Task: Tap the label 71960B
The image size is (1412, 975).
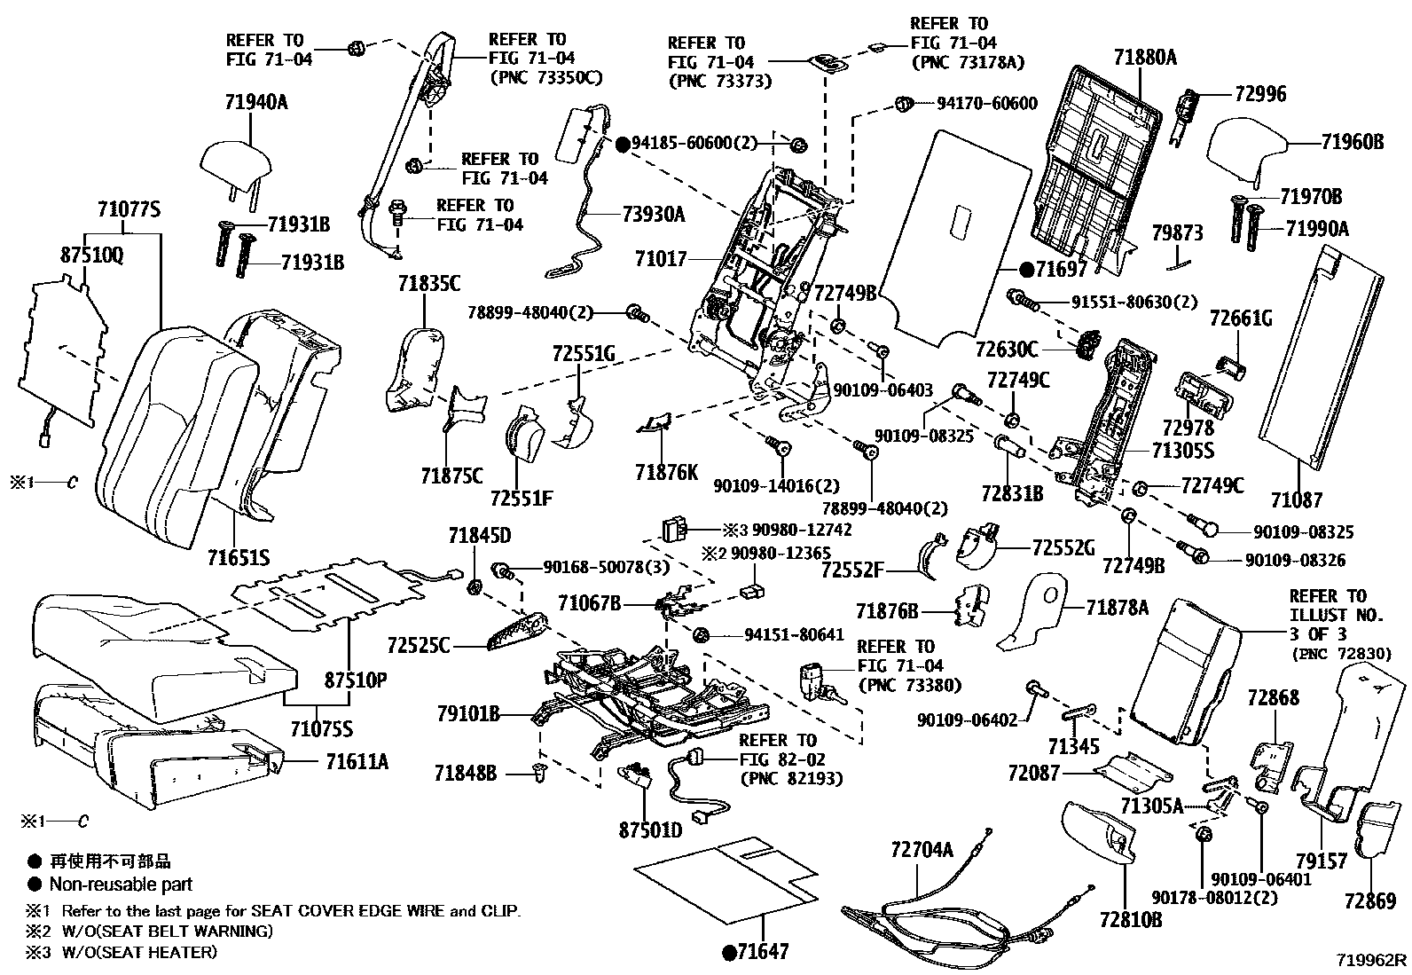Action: pyautogui.click(x=1352, y=141)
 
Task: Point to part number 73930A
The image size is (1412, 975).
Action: pyautogui.click(x=654, y=214)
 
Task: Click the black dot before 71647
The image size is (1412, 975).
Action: pyautogui.click(x=729, y=953)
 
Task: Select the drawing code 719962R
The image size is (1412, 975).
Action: pyautogui.click(x=1372, y=960)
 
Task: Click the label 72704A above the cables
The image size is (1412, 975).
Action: pyautogui.click(x=922, y=850)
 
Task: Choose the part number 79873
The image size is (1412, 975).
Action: pyautogui.click(x=1177, y=233)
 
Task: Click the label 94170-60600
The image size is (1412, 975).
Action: pyautogui.click(x=987, y=104)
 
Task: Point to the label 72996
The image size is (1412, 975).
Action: pyautogui.click(x=1254, y=94)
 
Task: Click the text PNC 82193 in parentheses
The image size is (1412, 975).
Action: pyautogui.click(x=792, y=779)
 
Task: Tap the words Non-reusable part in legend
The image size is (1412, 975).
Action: pyautogui.click(x=121, y=884)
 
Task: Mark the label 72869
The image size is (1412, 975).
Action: pyautogui.click(x=1370, y=901)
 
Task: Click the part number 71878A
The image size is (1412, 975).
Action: pyautogui.click(x=1118, y=608)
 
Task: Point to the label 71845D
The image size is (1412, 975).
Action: pyautogui.click(x=480, y=535)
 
